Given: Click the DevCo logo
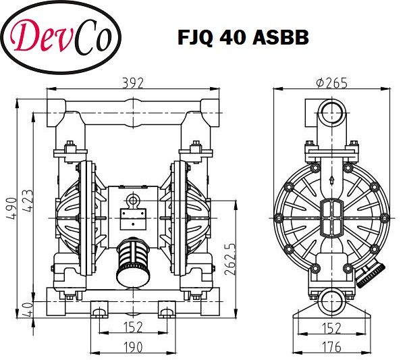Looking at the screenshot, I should [61, 37].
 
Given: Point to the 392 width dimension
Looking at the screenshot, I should [132, 83].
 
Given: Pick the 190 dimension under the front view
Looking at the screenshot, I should [132, 346].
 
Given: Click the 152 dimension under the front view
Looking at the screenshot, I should [132, 328].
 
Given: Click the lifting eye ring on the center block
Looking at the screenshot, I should [133, 200].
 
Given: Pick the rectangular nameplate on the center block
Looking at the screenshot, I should [132, 217].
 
